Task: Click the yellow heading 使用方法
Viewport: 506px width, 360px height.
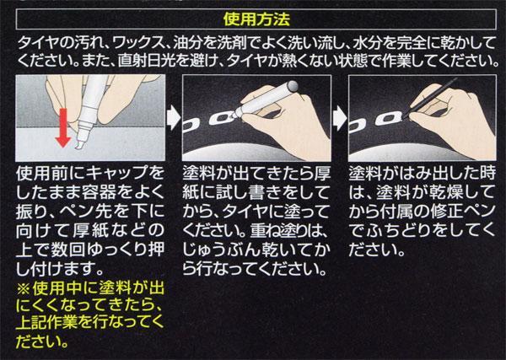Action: (256, 19)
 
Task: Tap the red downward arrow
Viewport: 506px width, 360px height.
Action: (63, 128)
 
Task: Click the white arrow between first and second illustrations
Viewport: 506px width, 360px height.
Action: (174, 118)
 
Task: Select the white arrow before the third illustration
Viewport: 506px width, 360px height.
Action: (340, 118)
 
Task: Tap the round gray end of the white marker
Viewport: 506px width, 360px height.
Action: (293, 86)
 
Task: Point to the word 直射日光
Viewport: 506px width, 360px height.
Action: (147, 61)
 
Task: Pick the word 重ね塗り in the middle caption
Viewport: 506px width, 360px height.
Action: (277, 231)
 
